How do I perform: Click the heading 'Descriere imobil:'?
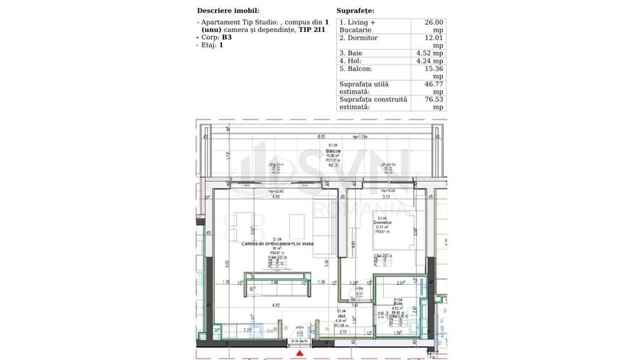click(228, 11)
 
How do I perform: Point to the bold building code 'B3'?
click(227, 37)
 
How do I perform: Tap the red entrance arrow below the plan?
click(302, 352)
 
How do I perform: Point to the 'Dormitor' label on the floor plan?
click(383, 223)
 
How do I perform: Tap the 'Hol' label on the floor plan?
click(342, 315)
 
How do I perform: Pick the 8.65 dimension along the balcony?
click(321, 136)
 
